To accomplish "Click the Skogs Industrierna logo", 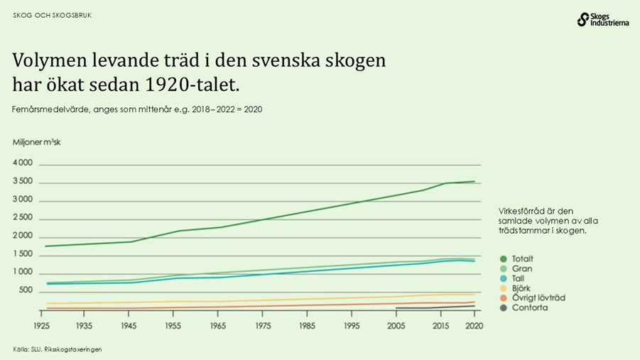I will coord(602,19).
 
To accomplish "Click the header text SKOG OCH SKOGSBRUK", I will coord(53,15).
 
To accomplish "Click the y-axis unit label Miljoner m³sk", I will coord(37,142).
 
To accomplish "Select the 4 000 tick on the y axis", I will coord(23,163).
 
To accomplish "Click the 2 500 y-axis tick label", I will coord(23,218).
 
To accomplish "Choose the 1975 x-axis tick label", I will coord(262,325).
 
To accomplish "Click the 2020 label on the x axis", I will coord(474,325).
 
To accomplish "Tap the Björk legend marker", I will coord(503,288).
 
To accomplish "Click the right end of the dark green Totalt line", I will coord(474,181).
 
